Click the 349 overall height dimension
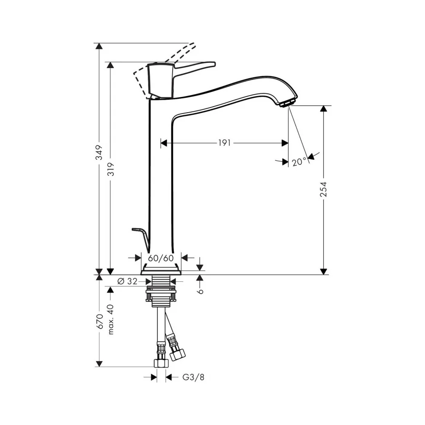click(x=100, y=152)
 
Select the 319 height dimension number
click(x=111, y=170)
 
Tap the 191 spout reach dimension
click(x=224, y=142)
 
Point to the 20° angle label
click(x=299, y=162)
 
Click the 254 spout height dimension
click(x=323, y=189)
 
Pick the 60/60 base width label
click(x=161, y=258)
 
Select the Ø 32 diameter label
click(x=127, y=281)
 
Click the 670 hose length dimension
click(x=100, y=321)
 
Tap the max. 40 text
click(x=111, y=319)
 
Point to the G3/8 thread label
click(x=193, y=377)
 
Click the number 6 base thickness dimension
click(x=200, y=291)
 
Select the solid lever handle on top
click(x=181, y=80)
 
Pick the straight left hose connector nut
click(x=161, y=363)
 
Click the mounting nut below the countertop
click(x=161, y=295)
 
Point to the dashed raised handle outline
click(x=163, y=70)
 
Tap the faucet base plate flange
click(x=161, y=272)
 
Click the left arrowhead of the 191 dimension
click(x=164, y=142)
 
